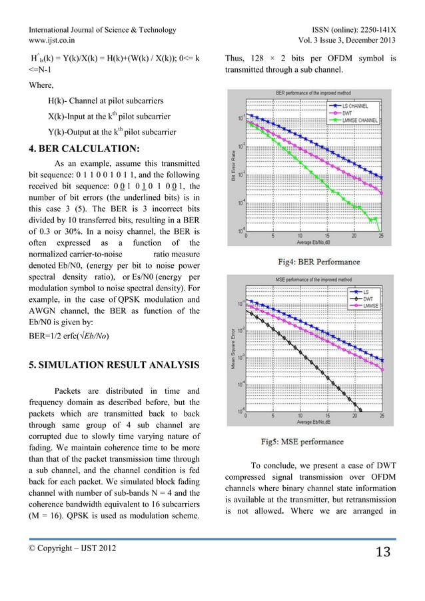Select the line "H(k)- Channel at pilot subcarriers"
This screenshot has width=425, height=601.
click(x=105, y=100)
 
